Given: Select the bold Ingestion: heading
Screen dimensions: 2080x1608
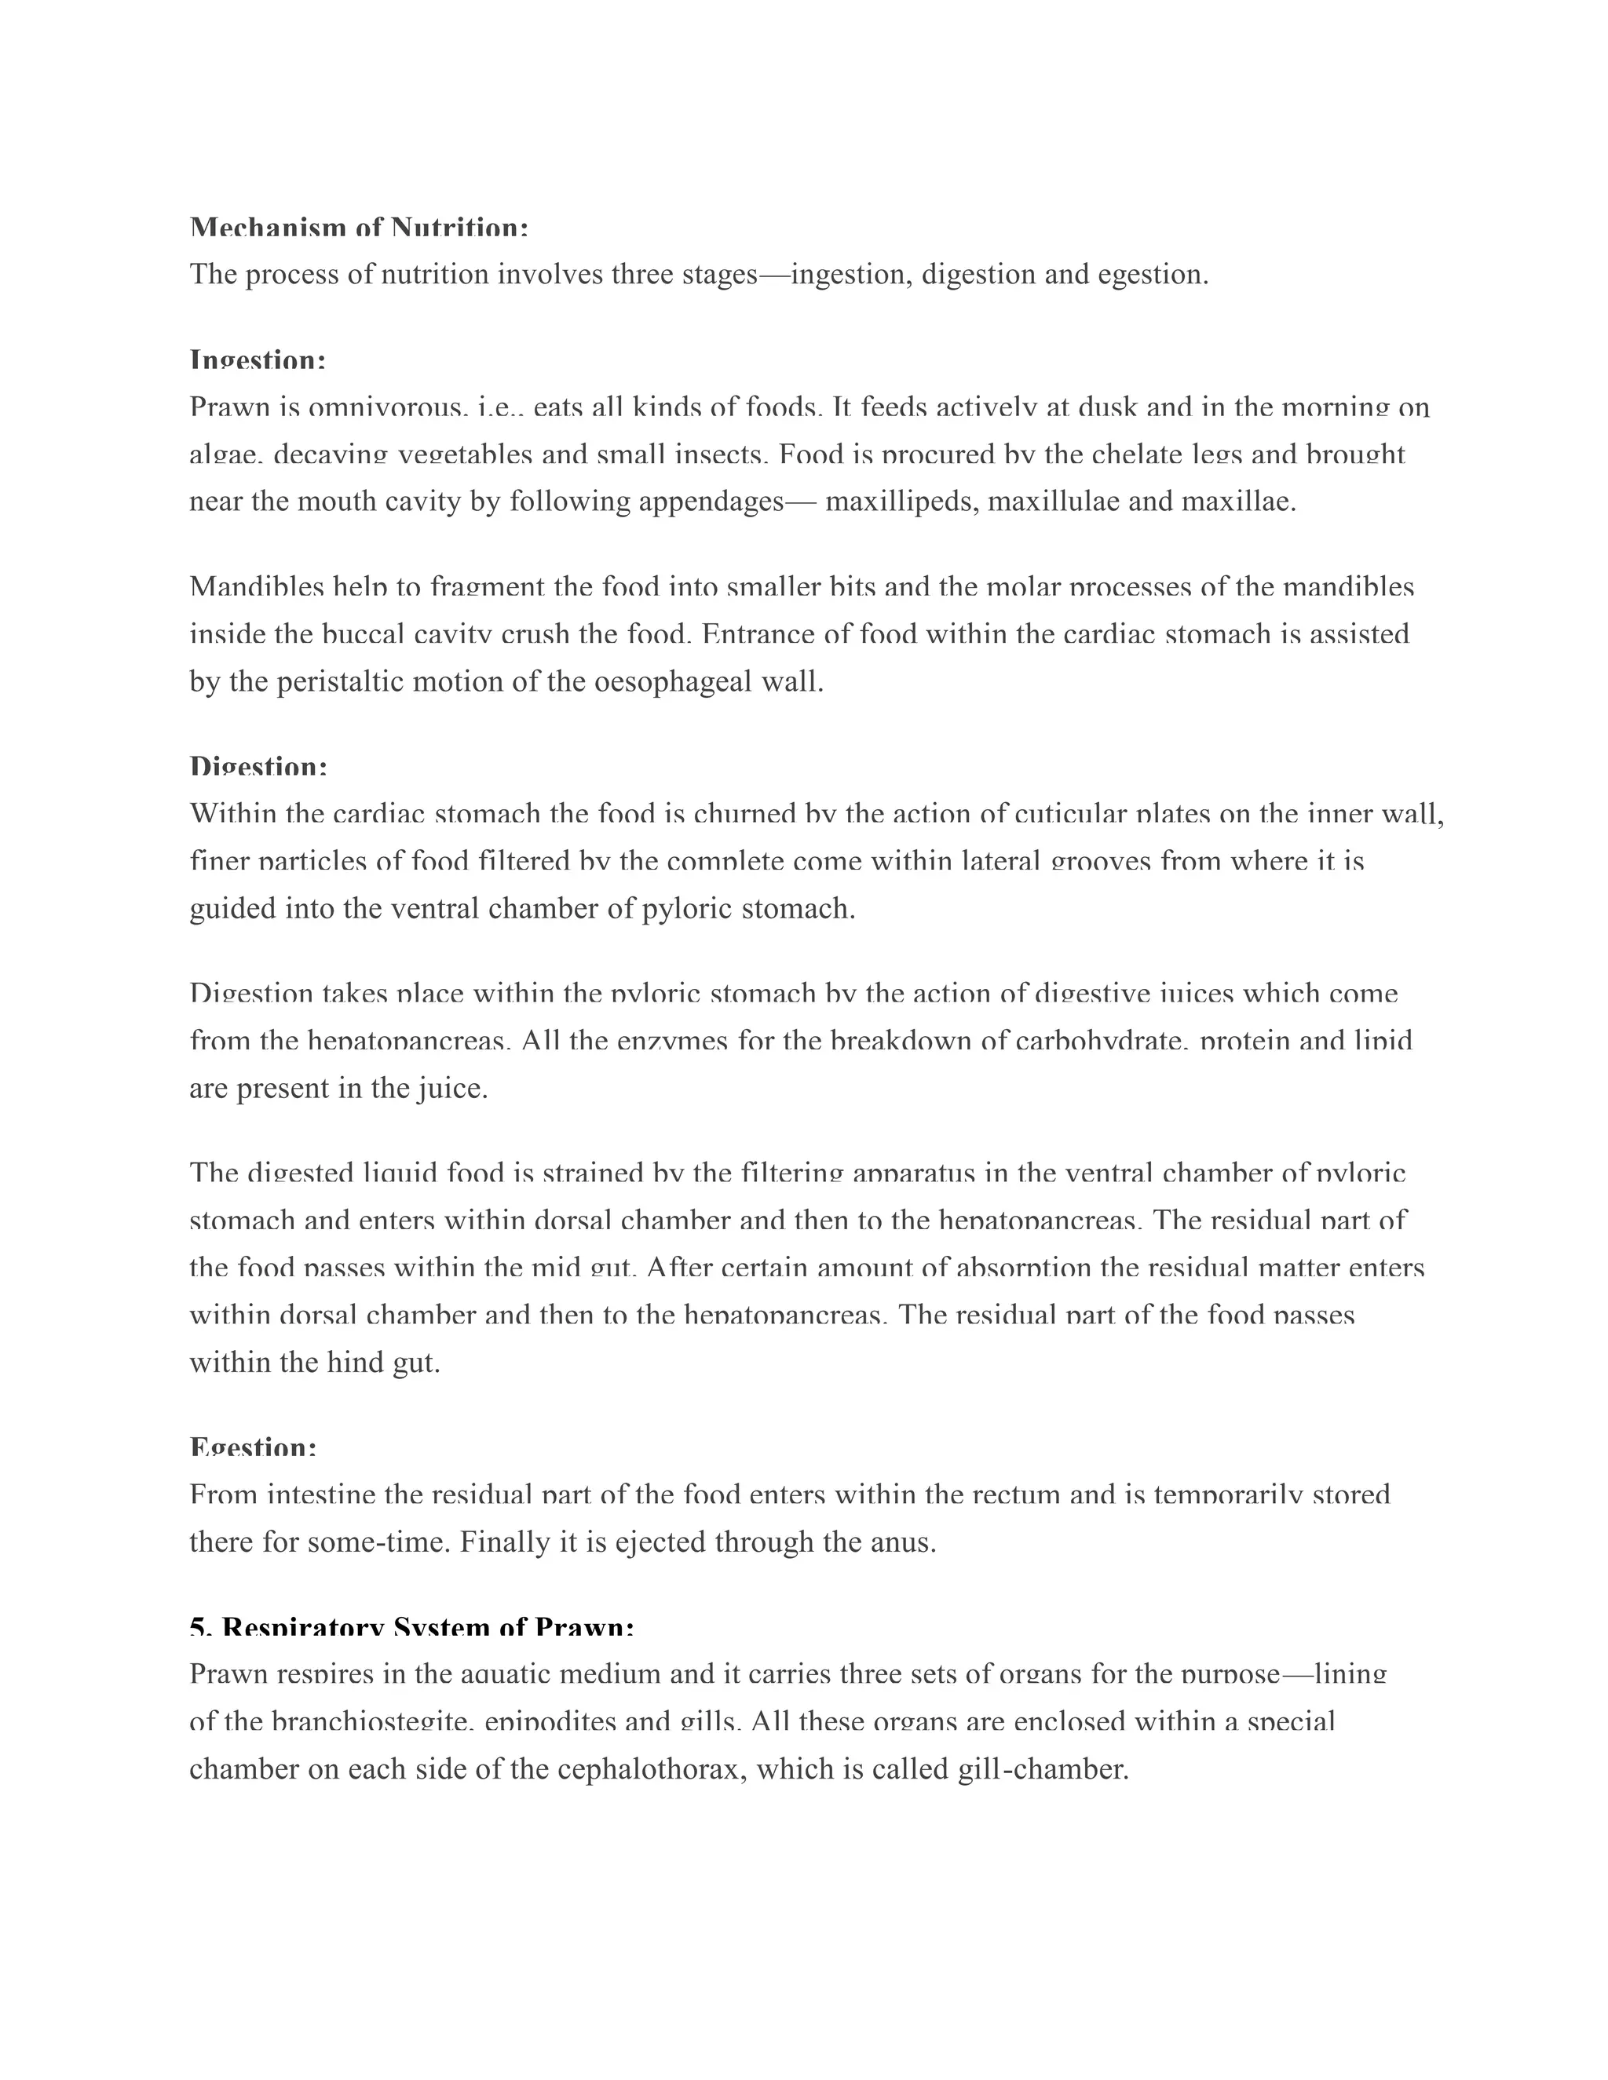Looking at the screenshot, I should pos(258,361).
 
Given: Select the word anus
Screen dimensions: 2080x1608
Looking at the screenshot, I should pos(902,1542).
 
